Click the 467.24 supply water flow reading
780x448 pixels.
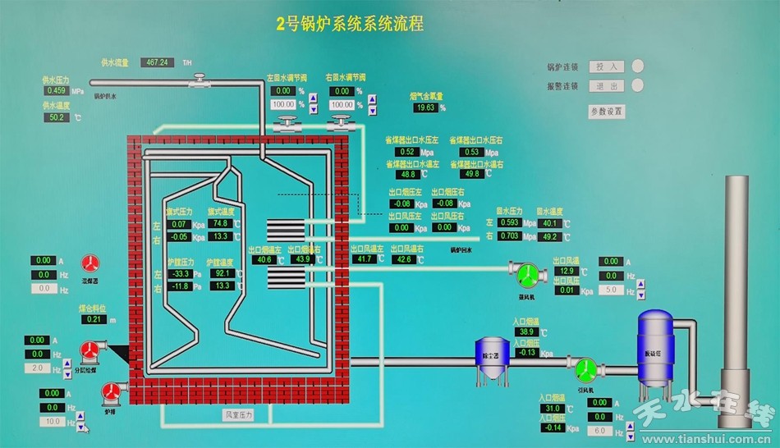pyautogui.click(x=157, y=62)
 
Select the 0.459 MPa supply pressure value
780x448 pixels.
pyautogui.click(x=56, y=91)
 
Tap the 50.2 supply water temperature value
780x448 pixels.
pyautogui.click(x=57, y=117)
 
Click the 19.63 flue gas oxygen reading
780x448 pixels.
pyautogui.click(x=425, y=107)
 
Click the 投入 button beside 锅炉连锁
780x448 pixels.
pyautogui.click(x=607, y=66)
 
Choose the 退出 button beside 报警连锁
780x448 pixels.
pyautogui.click(x=607, y=86)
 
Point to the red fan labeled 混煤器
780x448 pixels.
pyautogui.click(x=90, y=263)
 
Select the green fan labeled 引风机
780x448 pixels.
pyautogui.click(x=586, y=368)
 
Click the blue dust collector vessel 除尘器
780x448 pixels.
pyautogui.click(x=493, y=358)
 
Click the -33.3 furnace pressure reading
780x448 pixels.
pyautogui.click(x=178, y=273)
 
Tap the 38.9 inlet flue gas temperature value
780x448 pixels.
pyautogui.click(x=526, y=331)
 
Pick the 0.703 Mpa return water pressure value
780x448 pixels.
pyautogui.click(x=509, y=236)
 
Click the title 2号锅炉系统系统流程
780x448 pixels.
pyautogui.click(x=350, y=24)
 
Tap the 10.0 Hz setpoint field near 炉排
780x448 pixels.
pyautogui.click(x=53, y=421)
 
